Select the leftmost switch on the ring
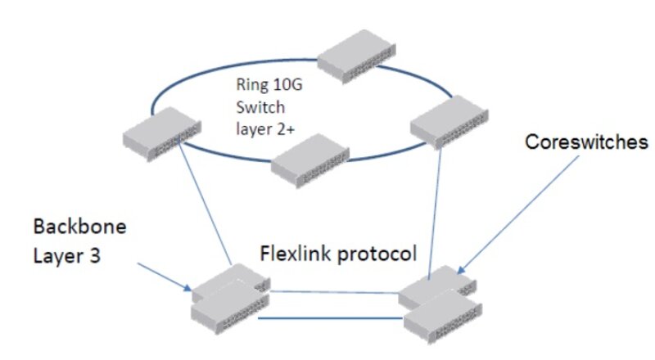click(162, 132)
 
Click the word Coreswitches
click(585, 142)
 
